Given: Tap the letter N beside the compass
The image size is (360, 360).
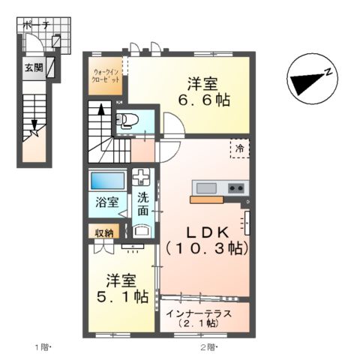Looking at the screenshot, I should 328,72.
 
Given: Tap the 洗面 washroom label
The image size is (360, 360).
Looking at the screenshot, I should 142,205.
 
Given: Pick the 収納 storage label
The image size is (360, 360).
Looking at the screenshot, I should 103,232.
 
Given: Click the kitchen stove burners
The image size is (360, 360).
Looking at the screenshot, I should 236,187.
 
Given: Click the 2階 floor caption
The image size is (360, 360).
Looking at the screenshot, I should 208,346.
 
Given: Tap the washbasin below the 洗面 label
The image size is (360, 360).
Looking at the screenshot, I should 140,230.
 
